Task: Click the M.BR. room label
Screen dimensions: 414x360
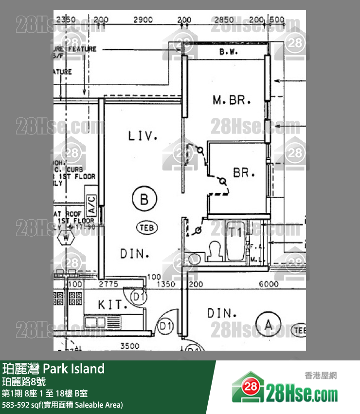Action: point(232,101)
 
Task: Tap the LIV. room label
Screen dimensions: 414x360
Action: point(143,136)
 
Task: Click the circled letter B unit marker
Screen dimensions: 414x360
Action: point(144,199)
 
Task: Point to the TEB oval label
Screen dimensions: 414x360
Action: point(147,226)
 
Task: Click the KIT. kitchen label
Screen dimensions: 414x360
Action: point(112,305)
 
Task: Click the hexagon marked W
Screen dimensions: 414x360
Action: point(64,238)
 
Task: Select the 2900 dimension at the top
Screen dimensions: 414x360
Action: point(143,20)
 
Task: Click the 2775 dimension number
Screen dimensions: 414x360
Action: point(109,284)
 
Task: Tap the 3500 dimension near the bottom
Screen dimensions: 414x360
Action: point(129,346)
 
